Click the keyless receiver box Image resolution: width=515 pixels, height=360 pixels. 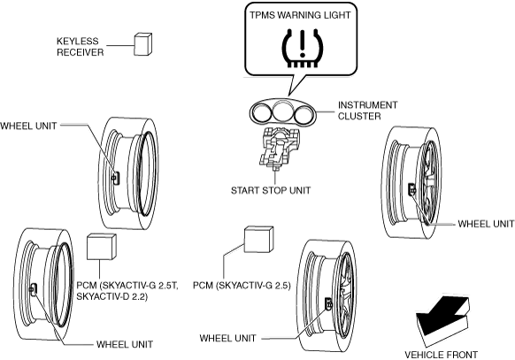click(142, 44)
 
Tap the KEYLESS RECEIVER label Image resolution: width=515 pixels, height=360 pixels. click(81, 47)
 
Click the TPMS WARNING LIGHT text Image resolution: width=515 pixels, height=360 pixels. click(300, 15)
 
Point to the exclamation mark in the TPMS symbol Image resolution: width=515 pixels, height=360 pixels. click(303, 43)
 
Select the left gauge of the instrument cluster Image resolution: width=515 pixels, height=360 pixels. click(262, 113)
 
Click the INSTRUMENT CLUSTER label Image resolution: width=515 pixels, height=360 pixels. click(367, 111)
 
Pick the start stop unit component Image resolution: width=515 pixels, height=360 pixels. click(279, 148)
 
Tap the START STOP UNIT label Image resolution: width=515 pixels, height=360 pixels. click(271, 191)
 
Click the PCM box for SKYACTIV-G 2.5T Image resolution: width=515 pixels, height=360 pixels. click(102, 246)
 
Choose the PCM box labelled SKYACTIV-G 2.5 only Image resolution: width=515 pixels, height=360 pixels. click(258, 239)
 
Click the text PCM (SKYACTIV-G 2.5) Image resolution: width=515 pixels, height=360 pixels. click(242, 285)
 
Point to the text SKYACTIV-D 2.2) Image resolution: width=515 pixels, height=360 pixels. click(112, 296)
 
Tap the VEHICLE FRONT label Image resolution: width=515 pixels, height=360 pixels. click(441, 355)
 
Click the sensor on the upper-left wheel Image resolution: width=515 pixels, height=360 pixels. click(115, 178)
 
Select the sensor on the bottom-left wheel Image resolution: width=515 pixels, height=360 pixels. click(34, 289)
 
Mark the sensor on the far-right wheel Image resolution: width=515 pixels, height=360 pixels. click(411, 189)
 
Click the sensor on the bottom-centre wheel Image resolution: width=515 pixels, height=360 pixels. click(328, 303)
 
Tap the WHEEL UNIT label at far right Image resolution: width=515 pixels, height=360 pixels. click(486, 224)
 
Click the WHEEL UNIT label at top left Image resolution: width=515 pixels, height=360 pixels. click(28, 126)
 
